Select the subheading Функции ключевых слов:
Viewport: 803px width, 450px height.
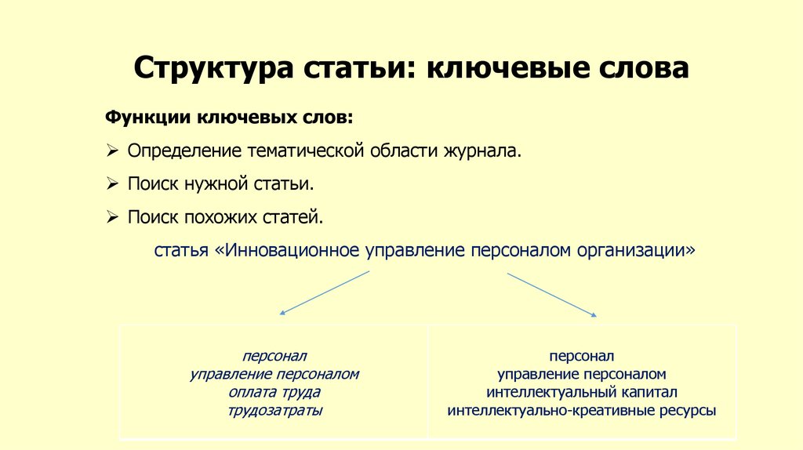point(229,117)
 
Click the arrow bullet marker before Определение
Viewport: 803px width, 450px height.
point(112,151)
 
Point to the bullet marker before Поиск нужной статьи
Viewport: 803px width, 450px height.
point(112,184)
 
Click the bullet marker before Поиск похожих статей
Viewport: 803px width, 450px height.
point(112,217)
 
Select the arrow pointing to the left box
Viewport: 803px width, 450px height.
point(324,292)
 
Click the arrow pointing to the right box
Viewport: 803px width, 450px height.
point(552,295)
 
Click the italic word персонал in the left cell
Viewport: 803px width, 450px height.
point(274,356)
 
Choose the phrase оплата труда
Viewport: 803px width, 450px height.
point(274,392)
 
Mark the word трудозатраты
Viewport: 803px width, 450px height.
point(274,410)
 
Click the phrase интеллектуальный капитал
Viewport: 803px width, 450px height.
point(581,392)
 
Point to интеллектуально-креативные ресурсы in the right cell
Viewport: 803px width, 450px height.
point(581,410)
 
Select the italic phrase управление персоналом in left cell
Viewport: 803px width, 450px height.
point(274,374)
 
